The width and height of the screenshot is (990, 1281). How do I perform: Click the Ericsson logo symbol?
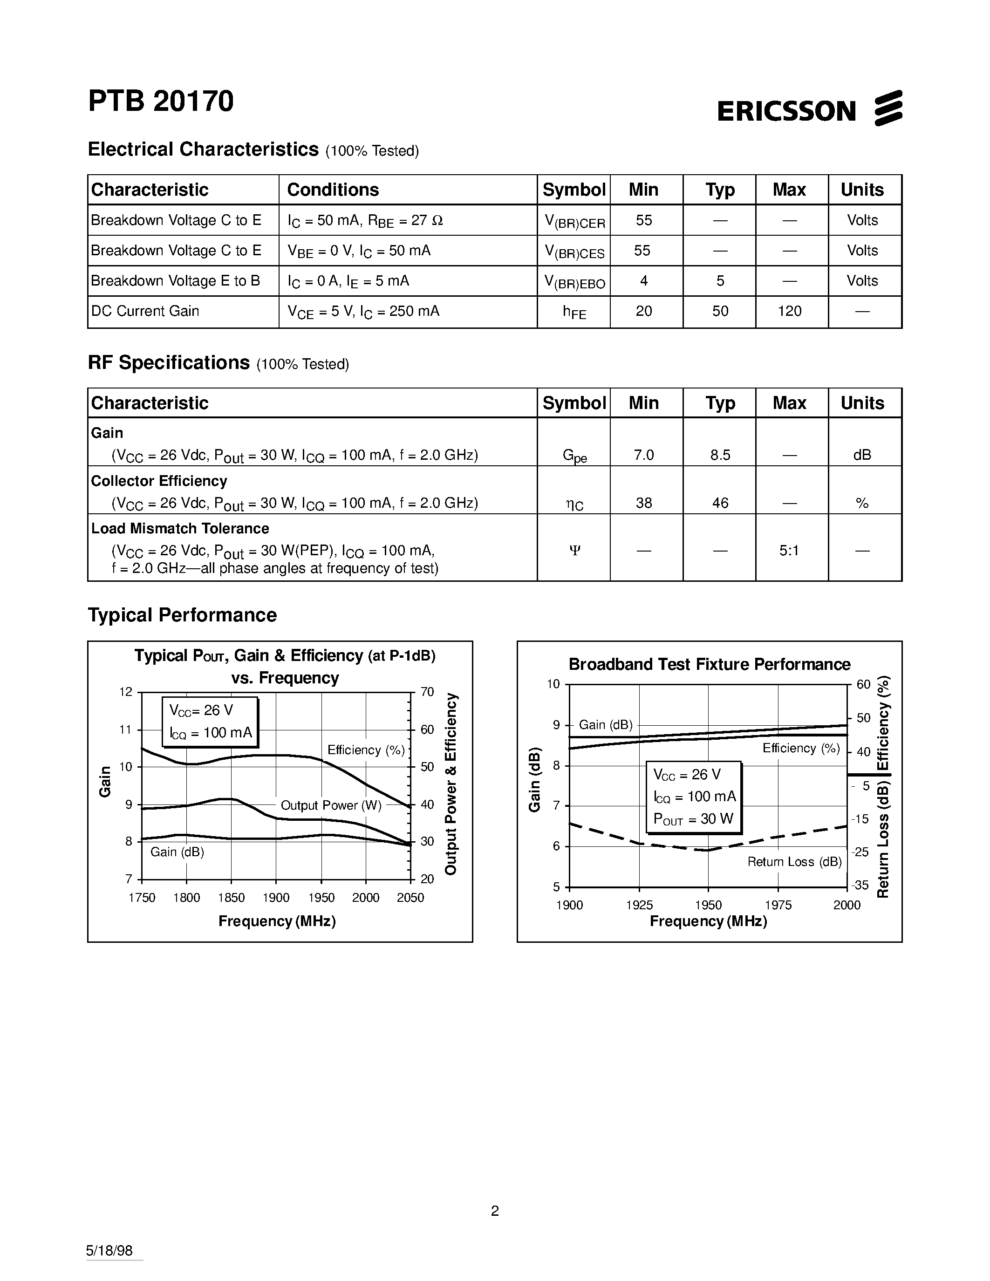point(888,108)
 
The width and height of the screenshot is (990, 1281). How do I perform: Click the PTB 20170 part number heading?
point(161,101)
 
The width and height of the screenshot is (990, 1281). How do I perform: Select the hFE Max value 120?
point(789,312)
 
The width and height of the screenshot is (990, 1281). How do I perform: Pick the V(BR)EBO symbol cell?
point(574,282)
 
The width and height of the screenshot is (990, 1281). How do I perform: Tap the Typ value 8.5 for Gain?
point(720,455)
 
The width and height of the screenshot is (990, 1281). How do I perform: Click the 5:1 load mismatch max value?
point(789,551)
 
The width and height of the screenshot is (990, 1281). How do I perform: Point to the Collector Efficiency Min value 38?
point(643,503)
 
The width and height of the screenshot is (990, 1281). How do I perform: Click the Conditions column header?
point(333,190)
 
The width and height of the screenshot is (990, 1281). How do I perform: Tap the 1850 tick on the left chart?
point(231,898)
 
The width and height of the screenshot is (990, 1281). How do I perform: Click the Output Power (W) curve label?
point(331,805)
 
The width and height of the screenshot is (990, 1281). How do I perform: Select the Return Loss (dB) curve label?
point(794,862)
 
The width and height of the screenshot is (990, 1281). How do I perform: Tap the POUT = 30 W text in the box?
point(693,819)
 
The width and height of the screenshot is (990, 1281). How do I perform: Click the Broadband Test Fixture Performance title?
point(709,665)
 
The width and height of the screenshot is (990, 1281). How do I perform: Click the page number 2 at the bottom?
point(494,1211)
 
